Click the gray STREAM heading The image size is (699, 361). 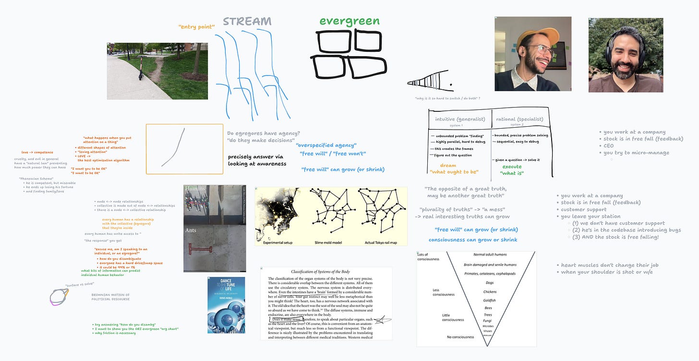(247, 22)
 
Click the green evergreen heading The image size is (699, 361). (349, 21)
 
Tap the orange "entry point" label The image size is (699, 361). (196, 27)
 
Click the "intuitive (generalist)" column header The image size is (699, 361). (460, 119)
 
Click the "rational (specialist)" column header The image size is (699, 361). (519, 119)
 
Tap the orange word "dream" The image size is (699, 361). (448, 166)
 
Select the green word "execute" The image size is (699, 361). (512, 167)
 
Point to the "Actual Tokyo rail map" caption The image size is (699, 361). (381, 242)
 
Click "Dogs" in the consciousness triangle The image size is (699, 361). (490, 283)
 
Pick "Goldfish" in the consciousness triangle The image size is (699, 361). (490, 301)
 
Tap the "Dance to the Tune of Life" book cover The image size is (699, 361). (226, 305)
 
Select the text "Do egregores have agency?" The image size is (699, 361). (264, 133)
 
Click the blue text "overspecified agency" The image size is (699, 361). (326, 145)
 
